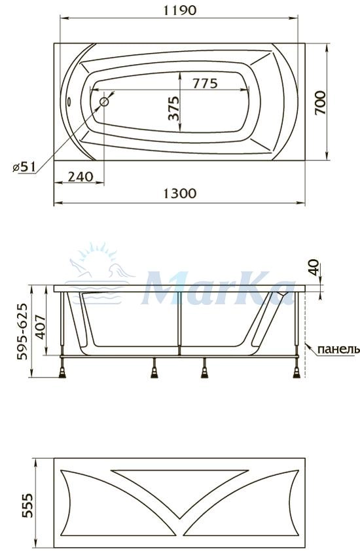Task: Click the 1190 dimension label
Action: (x=179, y=10)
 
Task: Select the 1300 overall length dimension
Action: (x=179, y=194)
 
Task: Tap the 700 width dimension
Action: (x=320, y=103)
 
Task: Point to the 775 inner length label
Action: (x=205, y=83)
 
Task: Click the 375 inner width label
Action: (x=173, y=109)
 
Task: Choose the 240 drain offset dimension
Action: (x=81, y=177)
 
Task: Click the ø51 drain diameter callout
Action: (x=24, y=167)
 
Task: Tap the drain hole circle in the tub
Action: (x=104, y=102)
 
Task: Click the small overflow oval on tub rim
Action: (x=69, y=102)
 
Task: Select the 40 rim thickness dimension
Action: (x=314, y=268)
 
